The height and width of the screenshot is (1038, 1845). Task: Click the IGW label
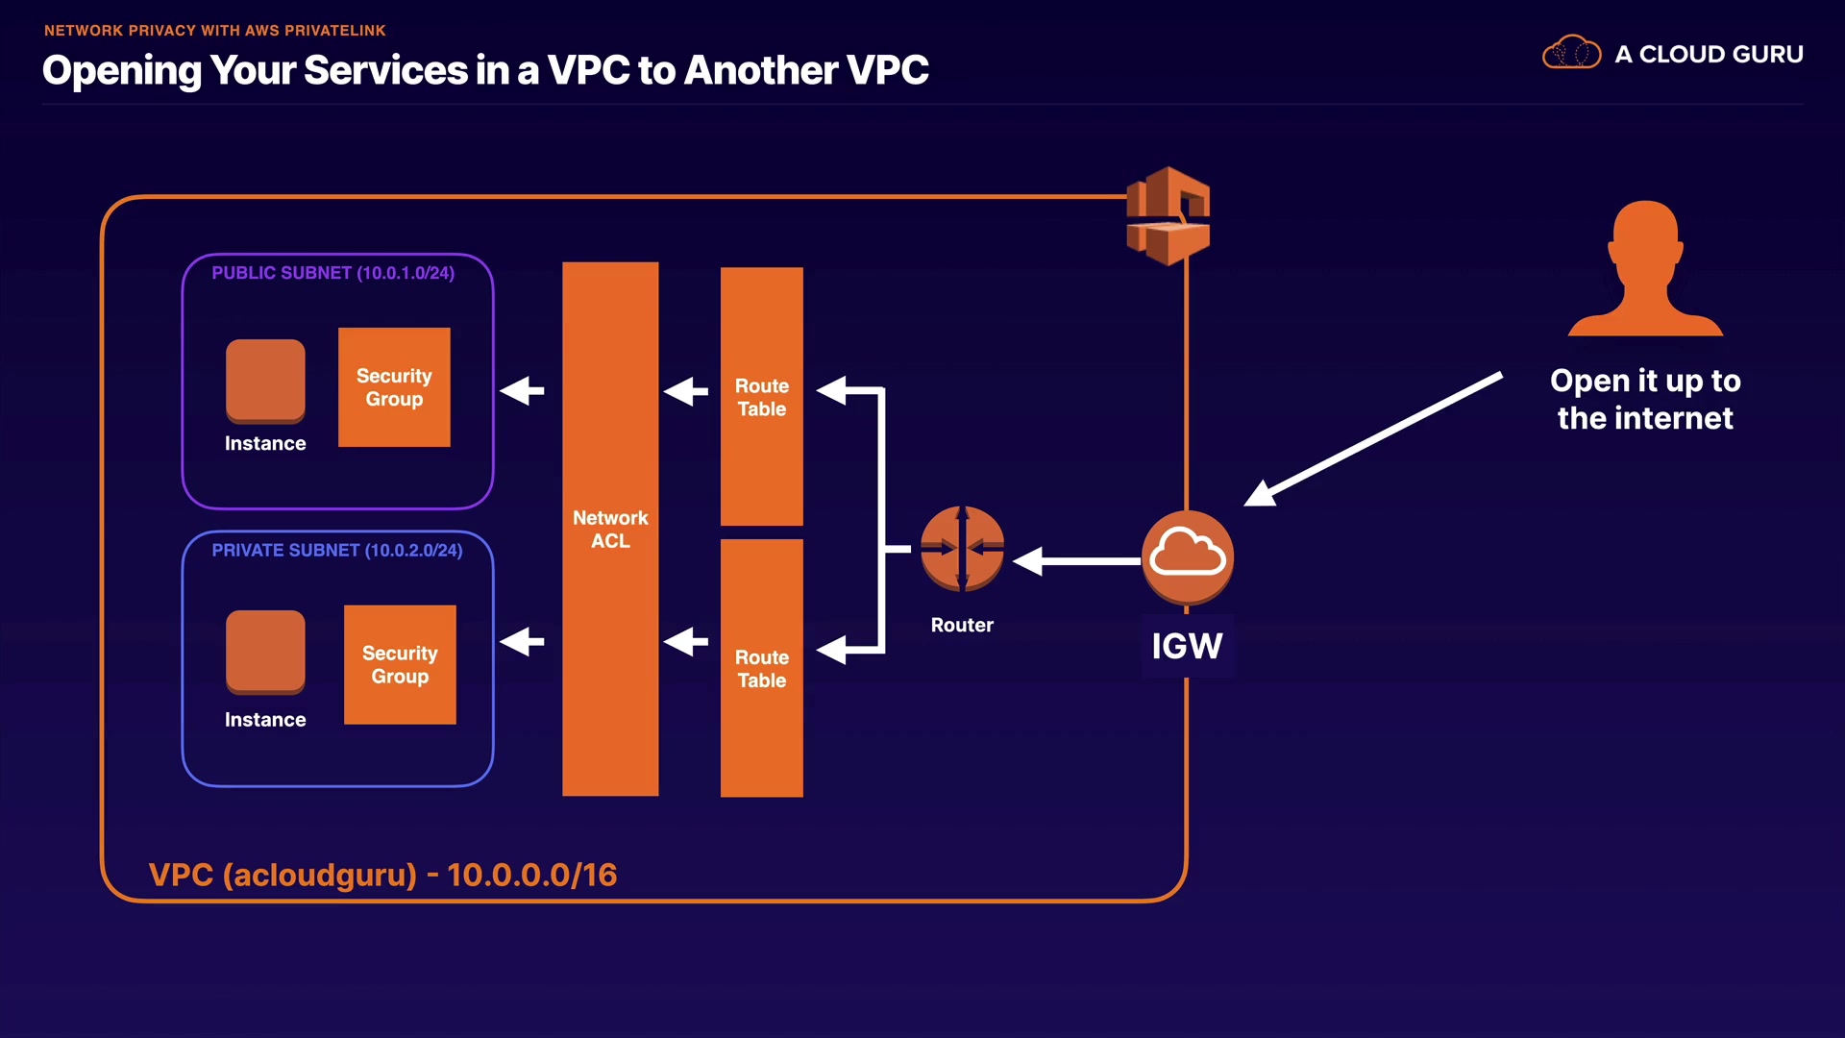coord(1187,646)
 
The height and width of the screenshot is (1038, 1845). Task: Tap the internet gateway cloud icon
coord(1188,556)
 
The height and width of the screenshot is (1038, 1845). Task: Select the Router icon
coord(962,549)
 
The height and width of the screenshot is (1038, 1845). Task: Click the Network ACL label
coord(610,530)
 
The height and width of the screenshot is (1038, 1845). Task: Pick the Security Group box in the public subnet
coord(394,387)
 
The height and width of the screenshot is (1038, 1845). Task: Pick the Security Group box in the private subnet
coord(400,664)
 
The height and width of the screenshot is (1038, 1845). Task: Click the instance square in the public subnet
coord(265,381)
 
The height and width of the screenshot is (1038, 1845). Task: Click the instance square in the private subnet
coord(265,652)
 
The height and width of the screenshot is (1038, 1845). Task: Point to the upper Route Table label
coord(762,397)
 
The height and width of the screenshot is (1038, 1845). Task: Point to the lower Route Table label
coord(762,669)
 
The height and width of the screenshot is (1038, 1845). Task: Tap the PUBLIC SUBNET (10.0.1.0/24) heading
coord(332,273)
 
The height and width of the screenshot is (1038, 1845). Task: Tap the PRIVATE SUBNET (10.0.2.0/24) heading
coord(336,551)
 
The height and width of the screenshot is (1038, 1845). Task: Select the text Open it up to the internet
coord(1645,400)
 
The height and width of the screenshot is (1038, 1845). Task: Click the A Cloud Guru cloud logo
coord(1571,53)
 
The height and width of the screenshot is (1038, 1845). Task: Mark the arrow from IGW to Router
coord(1076,561)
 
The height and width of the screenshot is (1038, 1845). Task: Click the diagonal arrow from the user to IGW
coord(1374,438)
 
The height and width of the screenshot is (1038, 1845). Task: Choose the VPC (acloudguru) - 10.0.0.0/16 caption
coord(382,875)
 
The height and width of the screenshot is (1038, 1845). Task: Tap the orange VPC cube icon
coord(1168,216)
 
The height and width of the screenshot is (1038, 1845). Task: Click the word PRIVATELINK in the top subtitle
coord(335,31)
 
